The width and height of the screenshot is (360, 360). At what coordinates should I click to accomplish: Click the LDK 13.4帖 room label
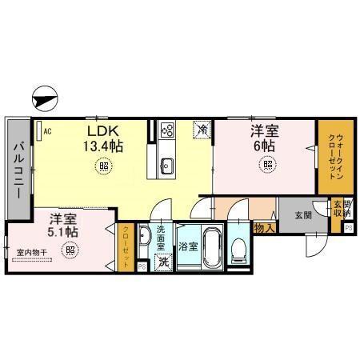[x=104, y=138]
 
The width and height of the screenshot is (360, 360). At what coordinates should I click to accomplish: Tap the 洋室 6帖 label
[x=265, y=138]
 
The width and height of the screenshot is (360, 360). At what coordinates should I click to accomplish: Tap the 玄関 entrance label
[x=302, y=214]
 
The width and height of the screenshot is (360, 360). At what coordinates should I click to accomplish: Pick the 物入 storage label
[x=265, y=229]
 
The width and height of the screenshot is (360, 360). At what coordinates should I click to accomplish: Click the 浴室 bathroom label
[x=189, y=247]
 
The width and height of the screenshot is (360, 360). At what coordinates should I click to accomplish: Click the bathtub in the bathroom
[x=211, y=248]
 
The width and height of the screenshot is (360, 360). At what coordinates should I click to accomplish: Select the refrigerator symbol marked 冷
[x=202, y=128]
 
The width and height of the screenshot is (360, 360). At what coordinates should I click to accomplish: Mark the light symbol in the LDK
[x=104, y=166]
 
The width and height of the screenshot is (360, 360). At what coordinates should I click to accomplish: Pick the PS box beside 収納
[x=349, y=228]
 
